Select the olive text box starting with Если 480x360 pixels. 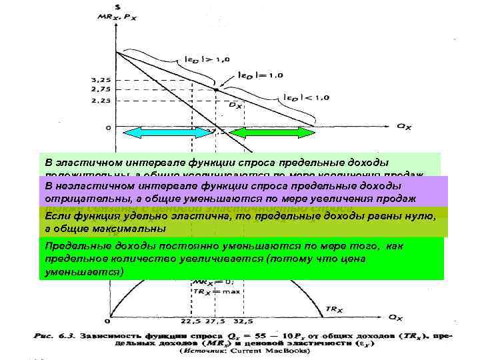[x=240, y=223]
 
